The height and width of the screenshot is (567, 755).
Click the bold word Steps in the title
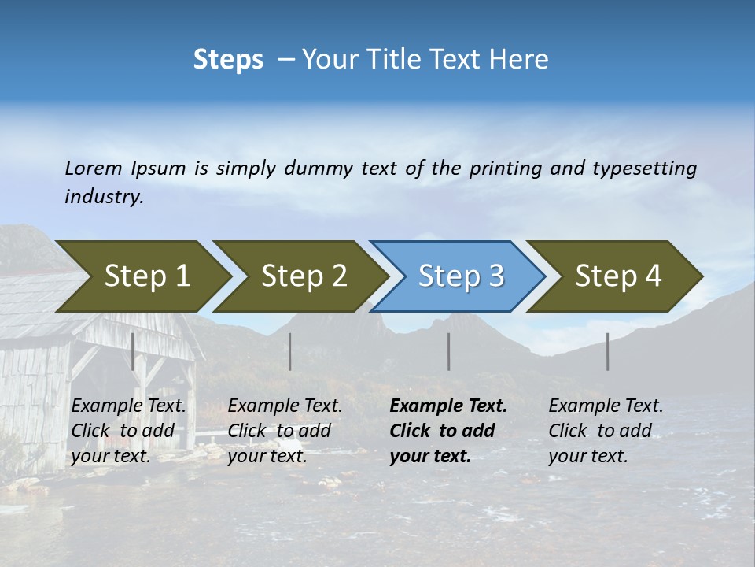pos(228,60)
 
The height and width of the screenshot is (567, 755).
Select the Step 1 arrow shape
pos(146,276)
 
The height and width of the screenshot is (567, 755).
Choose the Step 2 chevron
pos(304,276)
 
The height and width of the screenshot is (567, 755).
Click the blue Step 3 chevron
pos(461,276)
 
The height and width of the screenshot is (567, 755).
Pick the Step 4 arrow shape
pos(618,276)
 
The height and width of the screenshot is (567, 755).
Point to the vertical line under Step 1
pos(133,351)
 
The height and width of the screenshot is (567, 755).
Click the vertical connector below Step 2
pos(290,351)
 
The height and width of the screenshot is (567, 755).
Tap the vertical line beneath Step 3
pos(449,351)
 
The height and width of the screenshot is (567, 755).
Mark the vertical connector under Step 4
pos(608,351)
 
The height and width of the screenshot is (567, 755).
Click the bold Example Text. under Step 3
pos(448,406)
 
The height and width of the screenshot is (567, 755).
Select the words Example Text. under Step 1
pos(128,406)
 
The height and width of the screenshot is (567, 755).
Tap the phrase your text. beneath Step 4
pos(587,456)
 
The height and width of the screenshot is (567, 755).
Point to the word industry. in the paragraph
pos(104,197)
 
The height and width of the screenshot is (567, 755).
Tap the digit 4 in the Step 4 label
pos(653,276)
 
